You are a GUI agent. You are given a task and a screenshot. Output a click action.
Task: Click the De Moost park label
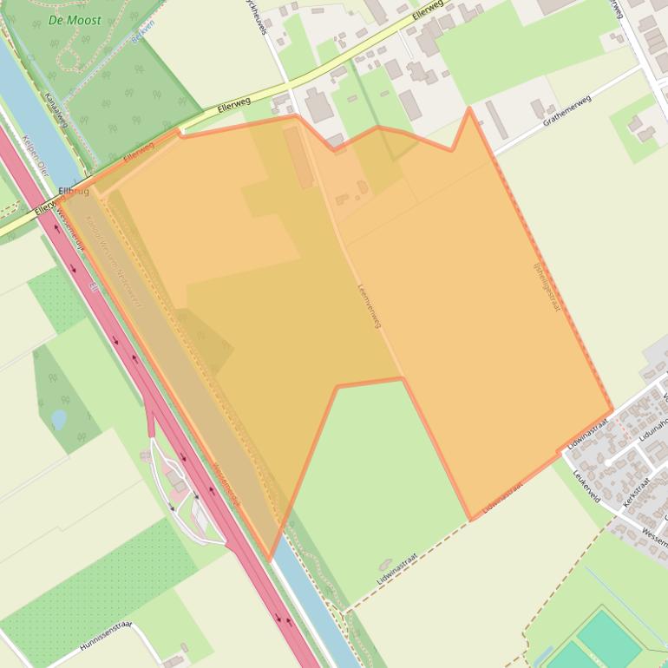pos(74,19)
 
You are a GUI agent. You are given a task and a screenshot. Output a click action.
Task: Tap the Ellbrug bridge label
pos(72,191)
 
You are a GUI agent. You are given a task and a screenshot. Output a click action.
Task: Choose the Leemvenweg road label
pos(369,305)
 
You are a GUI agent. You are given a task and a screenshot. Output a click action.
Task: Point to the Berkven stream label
pos(141,35)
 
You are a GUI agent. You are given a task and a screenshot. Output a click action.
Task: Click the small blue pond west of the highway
pos(59,420)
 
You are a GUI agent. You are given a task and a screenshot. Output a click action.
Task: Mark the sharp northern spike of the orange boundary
pos(469,109)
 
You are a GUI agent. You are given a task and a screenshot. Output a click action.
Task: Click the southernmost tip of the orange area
pos(270,559)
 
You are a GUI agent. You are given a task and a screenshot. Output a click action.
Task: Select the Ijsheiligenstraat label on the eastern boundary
pos(546,285)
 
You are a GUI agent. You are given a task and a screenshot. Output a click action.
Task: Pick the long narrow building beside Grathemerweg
pos(496,120)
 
